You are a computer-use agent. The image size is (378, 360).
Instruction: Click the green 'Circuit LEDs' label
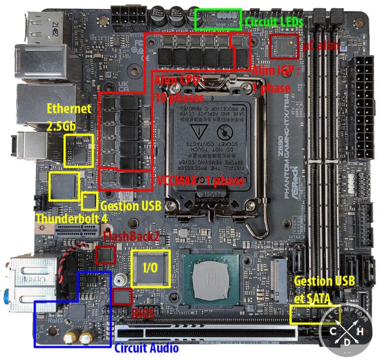274,21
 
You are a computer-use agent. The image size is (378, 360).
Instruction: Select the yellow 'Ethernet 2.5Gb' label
68,117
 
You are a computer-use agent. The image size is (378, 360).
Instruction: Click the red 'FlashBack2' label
131,236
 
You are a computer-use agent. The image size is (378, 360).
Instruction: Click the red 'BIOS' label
143,312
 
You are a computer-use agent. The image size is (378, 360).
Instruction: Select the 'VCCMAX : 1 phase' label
200,180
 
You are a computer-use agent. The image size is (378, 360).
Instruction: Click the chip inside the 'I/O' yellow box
150,269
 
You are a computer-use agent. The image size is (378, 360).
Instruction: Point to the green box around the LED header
219,19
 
